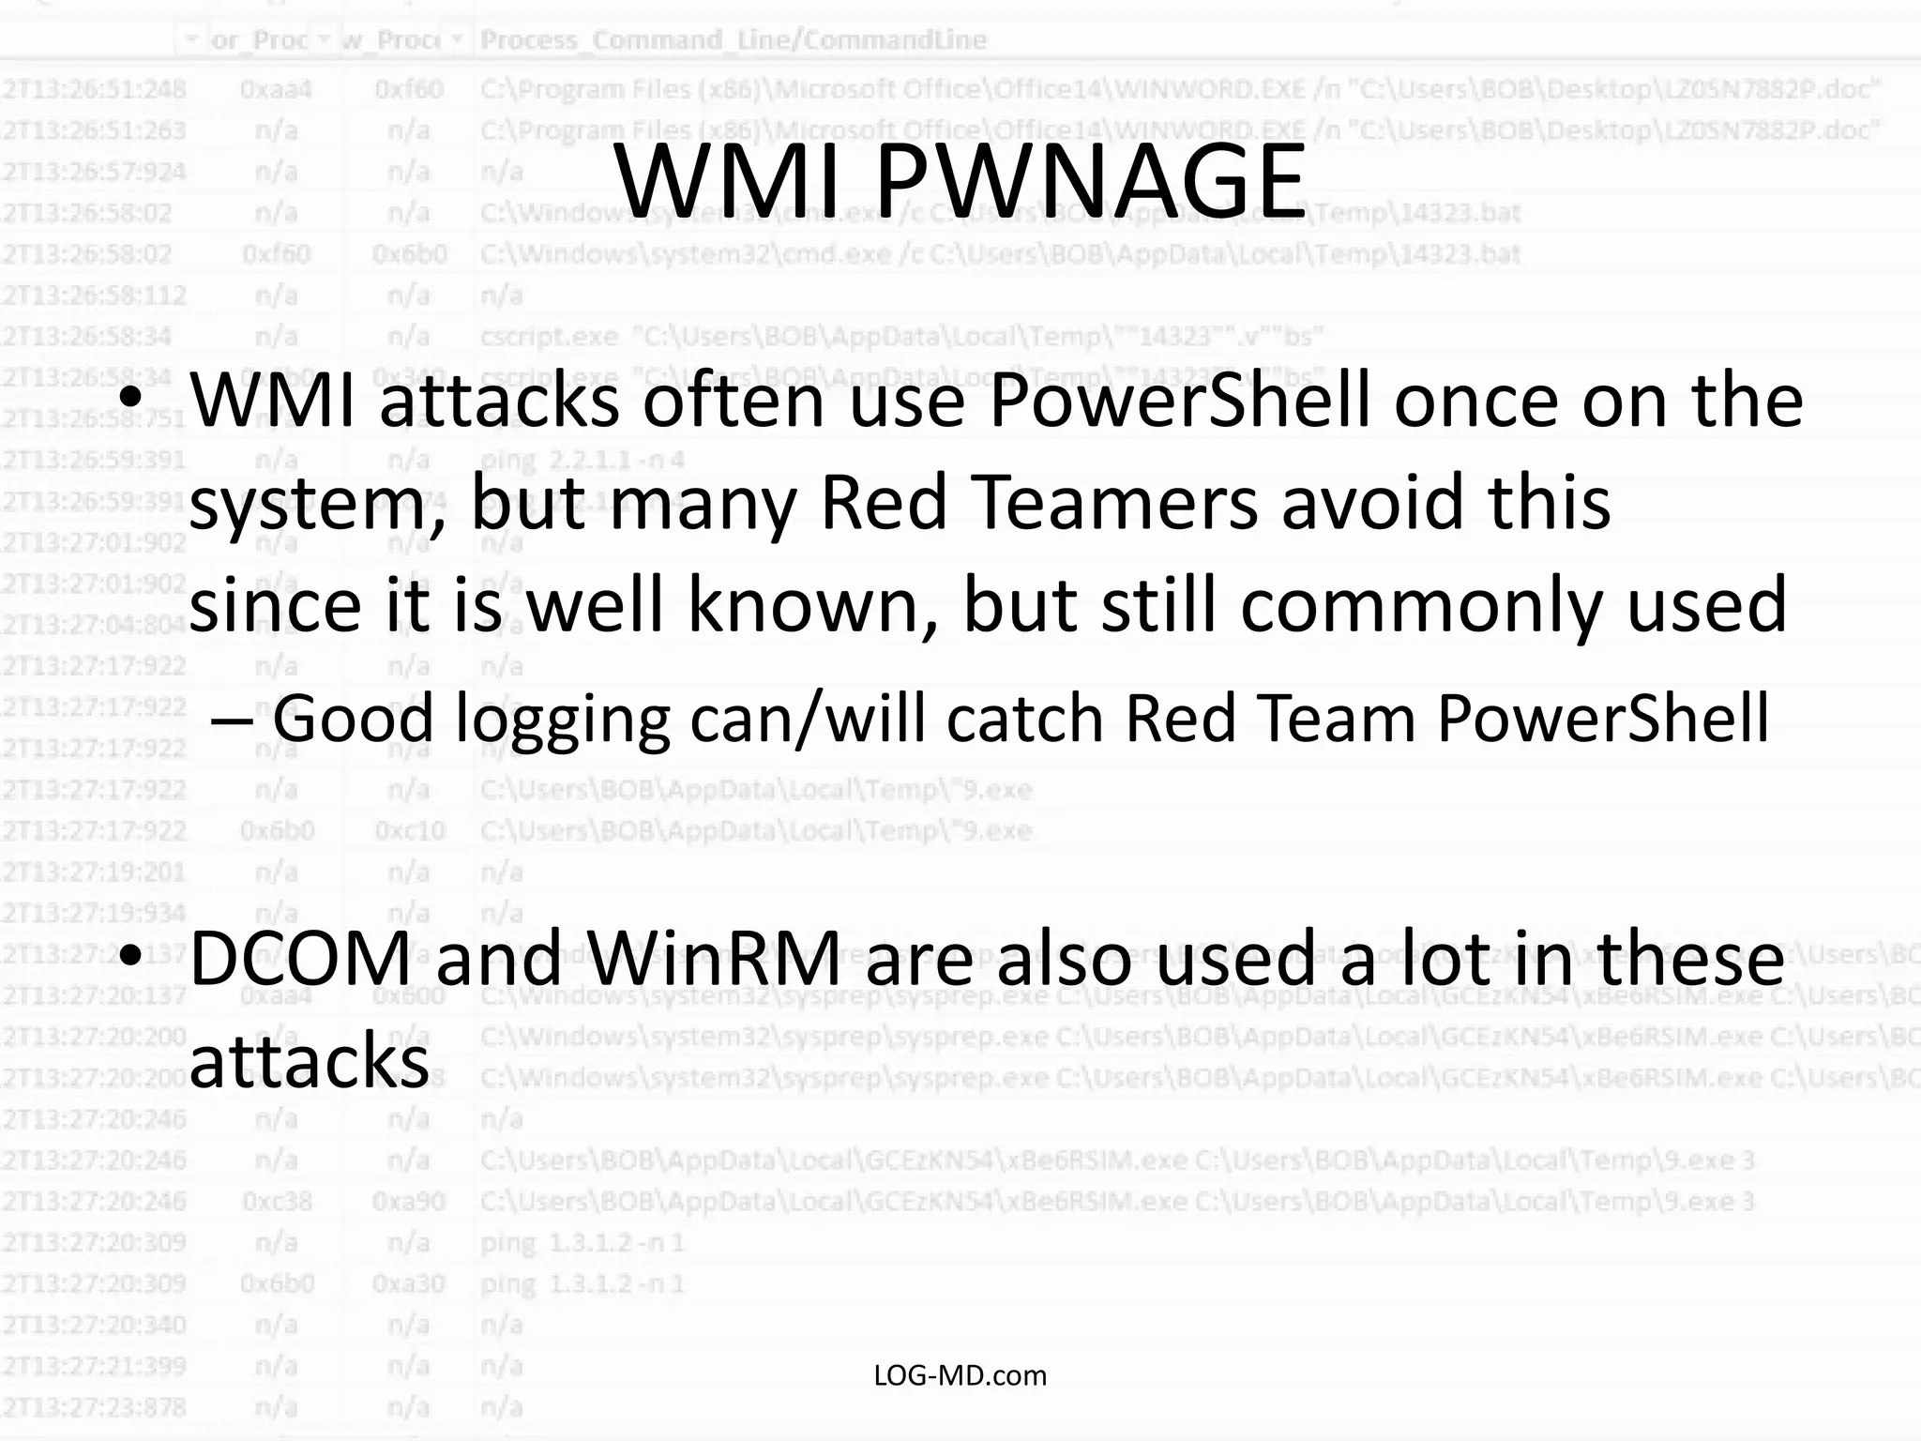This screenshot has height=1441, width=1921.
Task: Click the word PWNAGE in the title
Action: pos(1090,180)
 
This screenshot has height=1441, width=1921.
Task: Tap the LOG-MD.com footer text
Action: pos(960,1375)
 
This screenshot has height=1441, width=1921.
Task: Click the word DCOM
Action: pos(301,958)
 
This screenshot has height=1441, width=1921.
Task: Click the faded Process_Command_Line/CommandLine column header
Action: pos(733,40)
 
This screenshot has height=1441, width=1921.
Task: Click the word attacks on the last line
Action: pos(310,1060)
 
